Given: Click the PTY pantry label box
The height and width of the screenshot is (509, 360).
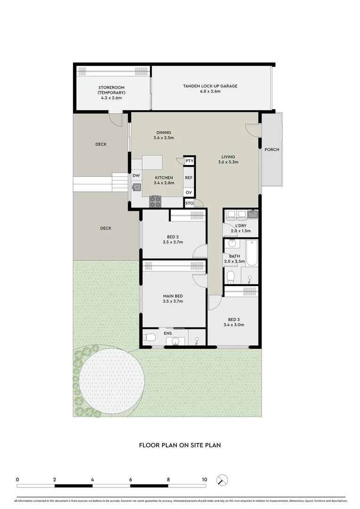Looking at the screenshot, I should tap(189, 161).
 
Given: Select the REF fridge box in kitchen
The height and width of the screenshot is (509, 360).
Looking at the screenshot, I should tap(189, 178).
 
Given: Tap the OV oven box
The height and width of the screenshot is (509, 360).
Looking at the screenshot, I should tap(189, 193).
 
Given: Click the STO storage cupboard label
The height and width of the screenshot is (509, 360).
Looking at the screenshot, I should tap(189, 204).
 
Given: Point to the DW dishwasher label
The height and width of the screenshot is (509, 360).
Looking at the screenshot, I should tap(136, 176).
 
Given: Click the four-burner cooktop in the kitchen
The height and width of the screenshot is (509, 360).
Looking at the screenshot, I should tap(155, 202).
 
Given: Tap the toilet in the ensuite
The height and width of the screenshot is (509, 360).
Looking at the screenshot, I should tap(150, 337).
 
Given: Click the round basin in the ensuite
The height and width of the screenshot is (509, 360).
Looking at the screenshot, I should tap(175, 341).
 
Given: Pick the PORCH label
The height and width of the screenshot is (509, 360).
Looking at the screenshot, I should tap(272, 149).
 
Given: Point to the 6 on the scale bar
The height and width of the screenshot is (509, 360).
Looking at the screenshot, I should tap(130, 479).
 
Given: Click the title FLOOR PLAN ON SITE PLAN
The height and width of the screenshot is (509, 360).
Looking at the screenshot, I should tap(180, 444).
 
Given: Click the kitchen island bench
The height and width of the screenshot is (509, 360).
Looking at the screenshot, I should tap(152, 163).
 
